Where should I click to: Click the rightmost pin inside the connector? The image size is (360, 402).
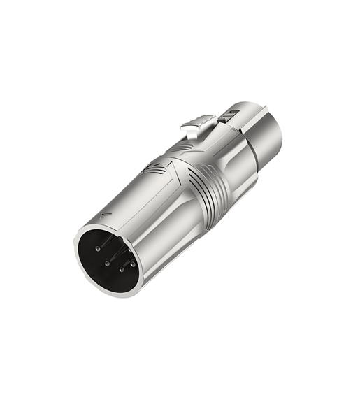[x=134, y=264]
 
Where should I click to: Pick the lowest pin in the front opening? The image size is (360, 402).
[x=121, y=270]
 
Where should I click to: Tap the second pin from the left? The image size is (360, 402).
[x=106, y=264]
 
